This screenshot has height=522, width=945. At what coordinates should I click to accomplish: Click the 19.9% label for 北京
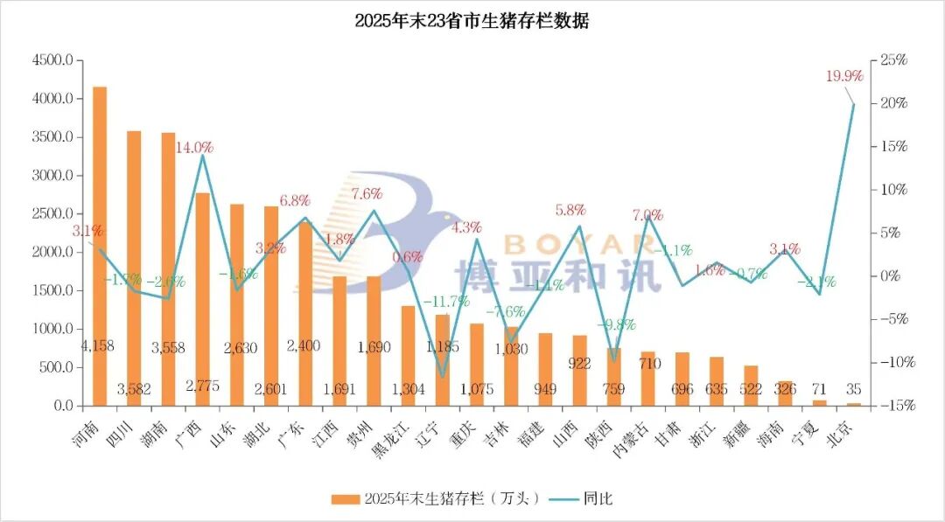click(844, 76)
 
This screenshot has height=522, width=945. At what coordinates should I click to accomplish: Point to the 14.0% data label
click(194, 148)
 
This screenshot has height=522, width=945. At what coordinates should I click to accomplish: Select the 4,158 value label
click(97, 346)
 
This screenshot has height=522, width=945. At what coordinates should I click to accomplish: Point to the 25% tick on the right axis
click(893, 60)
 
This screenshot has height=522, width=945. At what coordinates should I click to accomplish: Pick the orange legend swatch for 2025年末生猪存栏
click(345, 499)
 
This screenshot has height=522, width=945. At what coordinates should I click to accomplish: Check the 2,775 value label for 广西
click(202, 386)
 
